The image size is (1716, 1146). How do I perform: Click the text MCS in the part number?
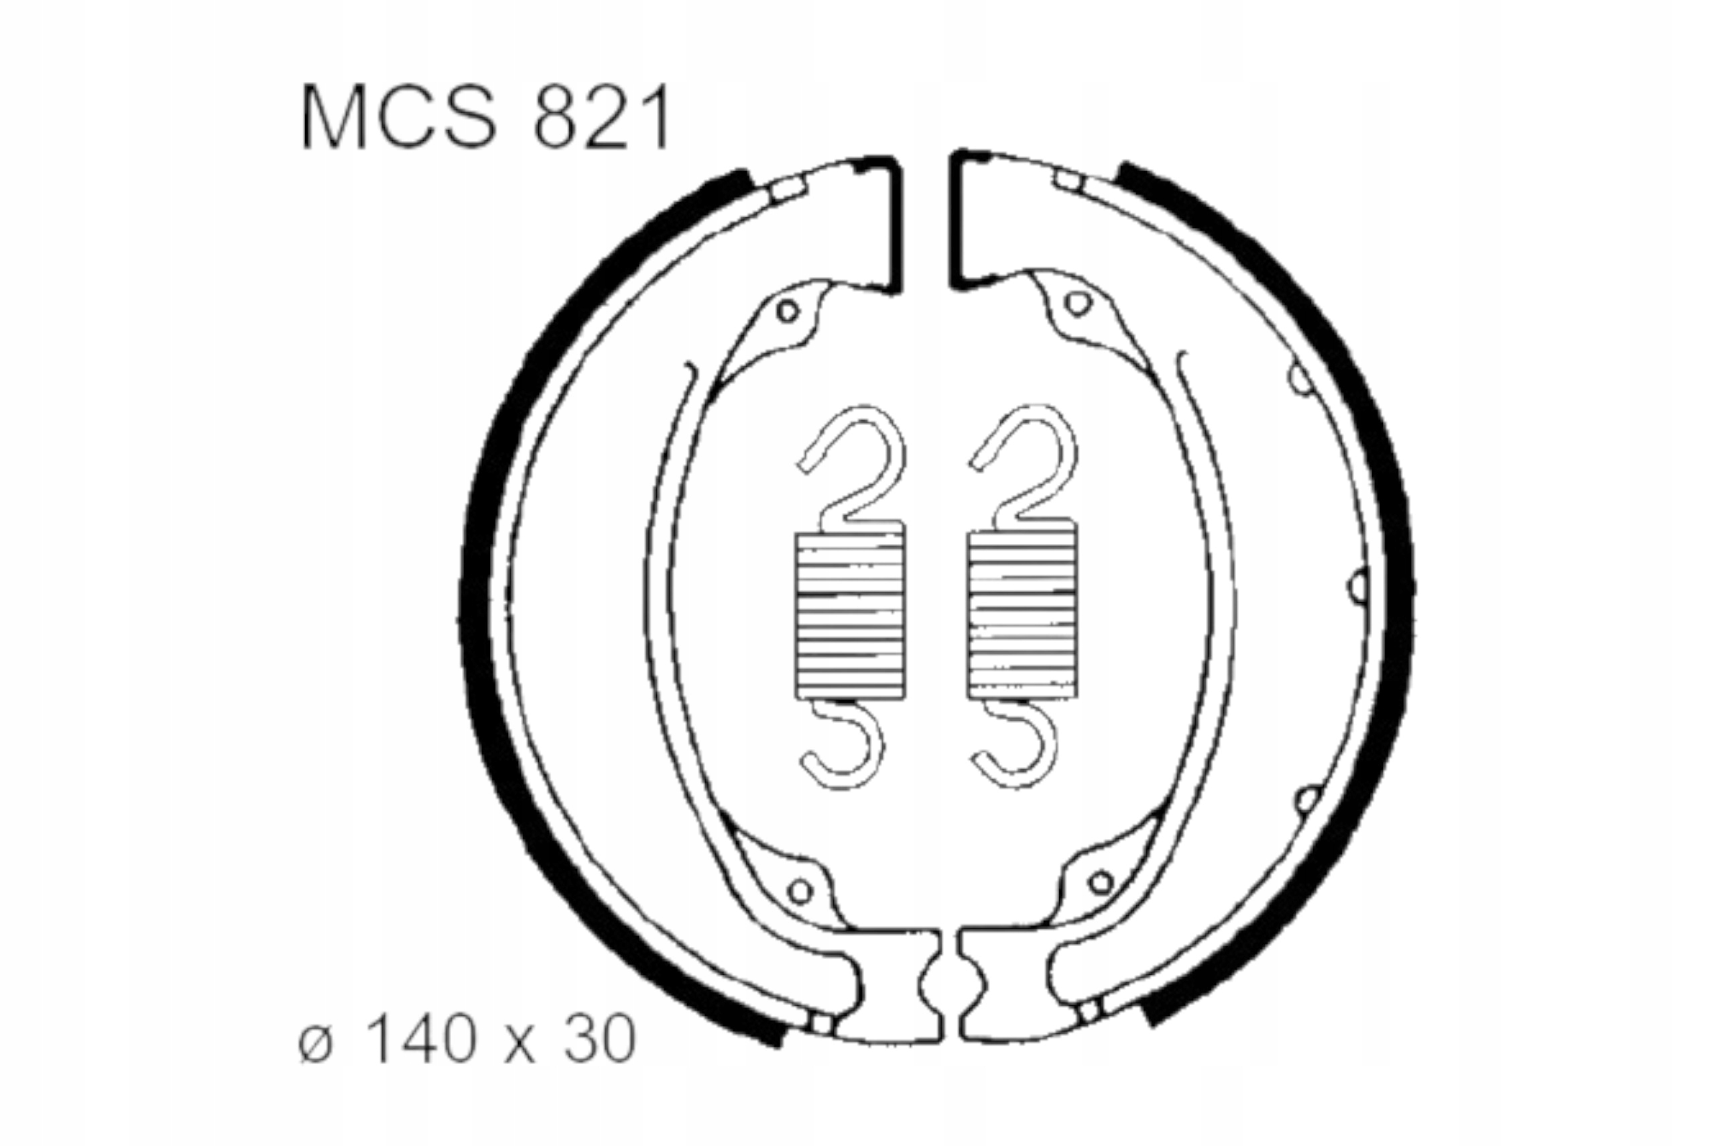coord(399,117)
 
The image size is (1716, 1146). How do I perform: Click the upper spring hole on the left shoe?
coord(787,311)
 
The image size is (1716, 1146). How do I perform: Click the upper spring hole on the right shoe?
coord(1077,302)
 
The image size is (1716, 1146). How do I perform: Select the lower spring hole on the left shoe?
coord(800,891)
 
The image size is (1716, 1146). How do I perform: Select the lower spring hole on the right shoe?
coord(1100,882)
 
